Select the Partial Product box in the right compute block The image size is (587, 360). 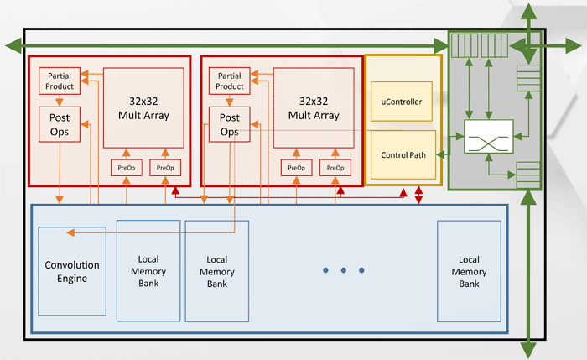(x=230, y=81)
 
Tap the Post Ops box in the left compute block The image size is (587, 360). (x=60, y=125)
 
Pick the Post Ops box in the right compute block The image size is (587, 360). (x=230, y=125)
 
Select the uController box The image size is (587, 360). (x=401, y=102)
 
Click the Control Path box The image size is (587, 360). (x=403, y=155)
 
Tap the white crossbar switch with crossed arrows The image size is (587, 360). (x=488, y=137)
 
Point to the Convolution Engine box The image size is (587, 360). (x=72, y=271)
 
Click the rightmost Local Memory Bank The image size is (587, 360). (x=469, y=271)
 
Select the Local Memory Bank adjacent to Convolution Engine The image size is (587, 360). (x=148, y=271)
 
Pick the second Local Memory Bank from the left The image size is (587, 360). (x=217, y=272)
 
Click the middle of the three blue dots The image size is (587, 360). (x=343, y=270)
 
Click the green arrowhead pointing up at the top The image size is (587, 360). (x=528, y=10)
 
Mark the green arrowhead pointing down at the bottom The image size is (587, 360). (x=528, y=350)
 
